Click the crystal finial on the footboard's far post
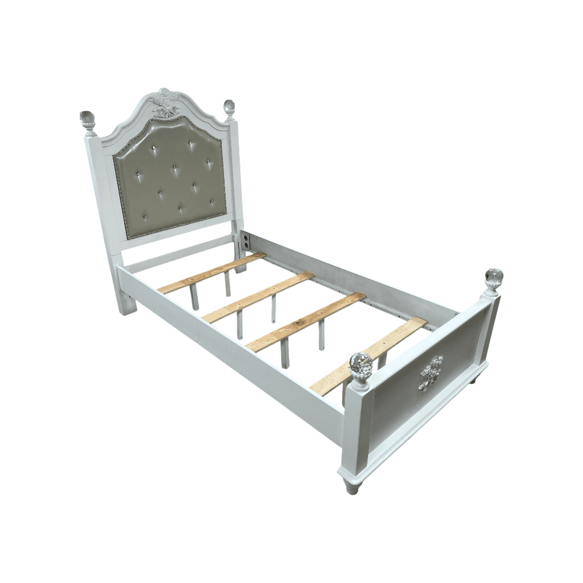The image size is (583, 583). [x=493, y=278]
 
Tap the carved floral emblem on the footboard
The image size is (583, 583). [x=431, y=372]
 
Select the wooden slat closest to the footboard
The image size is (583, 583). [x=367, y=357]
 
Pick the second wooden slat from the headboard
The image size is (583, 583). [x=258, y=297]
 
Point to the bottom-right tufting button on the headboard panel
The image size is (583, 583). [x=212, y=203]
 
